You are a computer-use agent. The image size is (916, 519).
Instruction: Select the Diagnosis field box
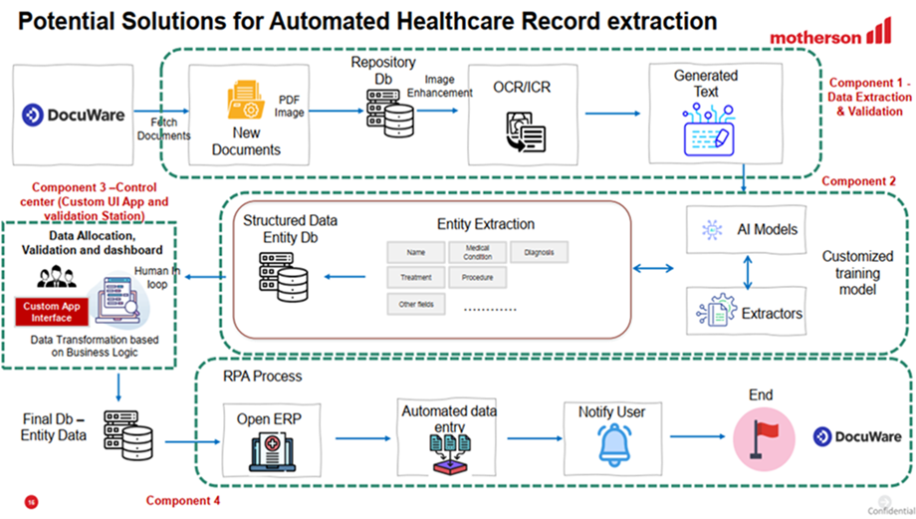pyautogui.click(x=539, y=252)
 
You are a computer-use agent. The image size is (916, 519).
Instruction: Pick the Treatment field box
pyautogui.click(x=415, y=278)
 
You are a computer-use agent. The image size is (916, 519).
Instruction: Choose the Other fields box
pyautogui.click(x=415, y=304)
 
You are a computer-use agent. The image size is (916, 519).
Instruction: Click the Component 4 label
pyautogui.click(x=183, y=500)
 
